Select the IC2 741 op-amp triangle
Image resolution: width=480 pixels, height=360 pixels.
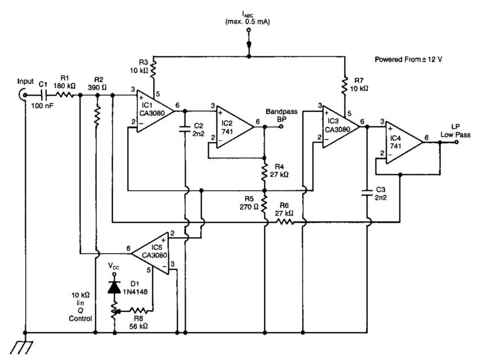(235, 127)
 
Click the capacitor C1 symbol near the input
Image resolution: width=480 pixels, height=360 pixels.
(40, 96)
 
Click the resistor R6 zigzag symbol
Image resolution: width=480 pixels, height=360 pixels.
(284, 222)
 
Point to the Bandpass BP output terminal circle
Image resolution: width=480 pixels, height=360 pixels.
(281, 127)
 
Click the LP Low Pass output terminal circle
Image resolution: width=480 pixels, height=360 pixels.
(457, 142)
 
